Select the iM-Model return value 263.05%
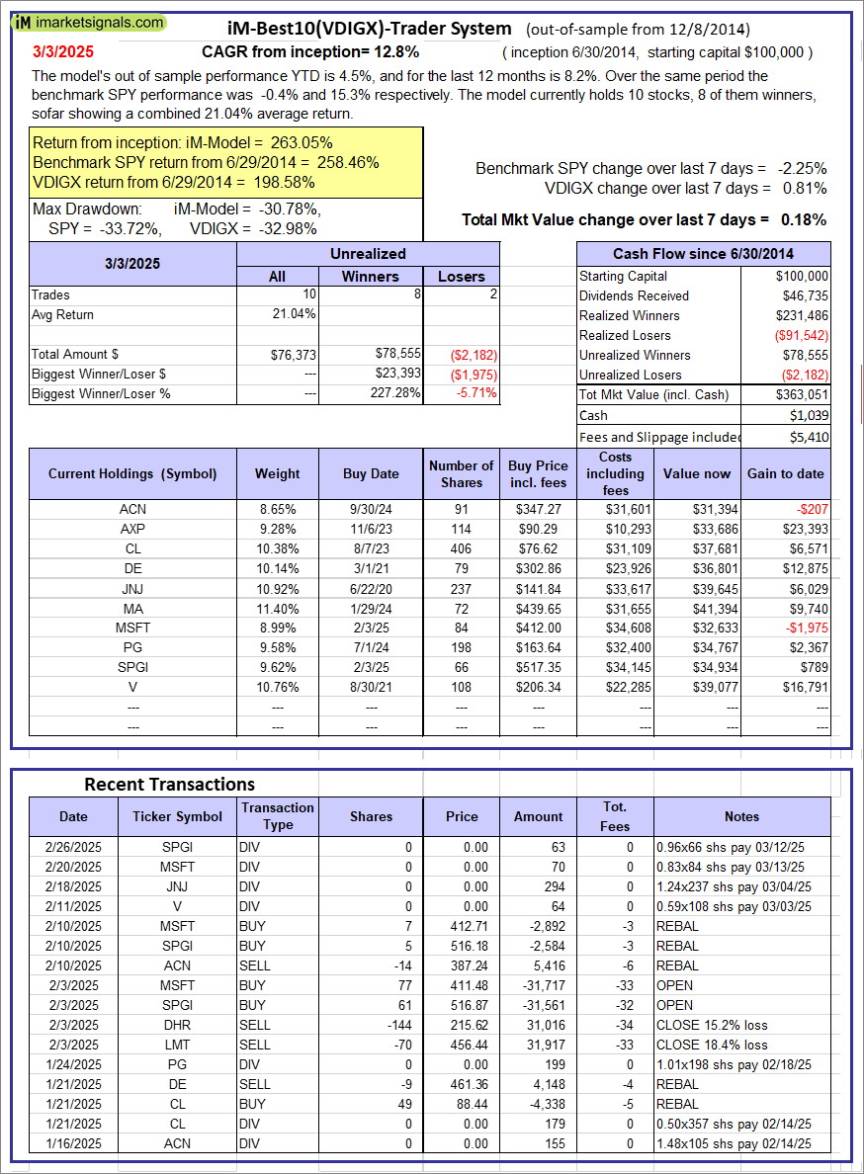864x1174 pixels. pos(294,142)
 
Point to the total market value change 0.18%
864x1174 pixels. pos(804,219)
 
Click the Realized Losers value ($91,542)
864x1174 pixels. pos(802,335)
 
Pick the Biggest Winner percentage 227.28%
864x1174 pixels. pos(393,393)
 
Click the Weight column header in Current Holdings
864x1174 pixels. pos(277,473)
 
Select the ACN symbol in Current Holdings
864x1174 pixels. pos(132,509)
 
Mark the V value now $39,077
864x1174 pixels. pos(697,687)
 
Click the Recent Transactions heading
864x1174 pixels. pos(169,784)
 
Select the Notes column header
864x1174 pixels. pos(741,816)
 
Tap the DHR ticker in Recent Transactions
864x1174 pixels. pos(179,1025)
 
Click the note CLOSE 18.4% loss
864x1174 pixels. pos(712,1045)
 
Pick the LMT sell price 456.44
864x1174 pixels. pos(463,1045)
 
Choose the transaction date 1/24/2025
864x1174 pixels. pos(73,1064)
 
